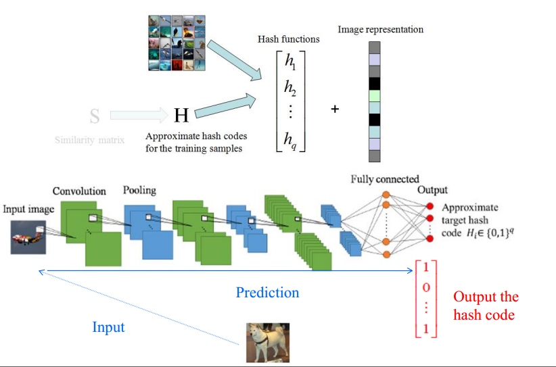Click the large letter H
coord(181,116)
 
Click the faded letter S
coord(95,116)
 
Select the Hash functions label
coord(289,39)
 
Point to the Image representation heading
coord(381,30)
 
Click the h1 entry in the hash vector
coord(290,63)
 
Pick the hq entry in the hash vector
coord(290,140)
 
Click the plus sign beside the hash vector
coord(335,108)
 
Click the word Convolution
coord(79,191)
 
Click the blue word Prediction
coord(267,293)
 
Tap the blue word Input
coord(108,327)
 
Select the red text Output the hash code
coord(486,305)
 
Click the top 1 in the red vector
coord(426,268)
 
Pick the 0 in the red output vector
coord(426,289)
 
